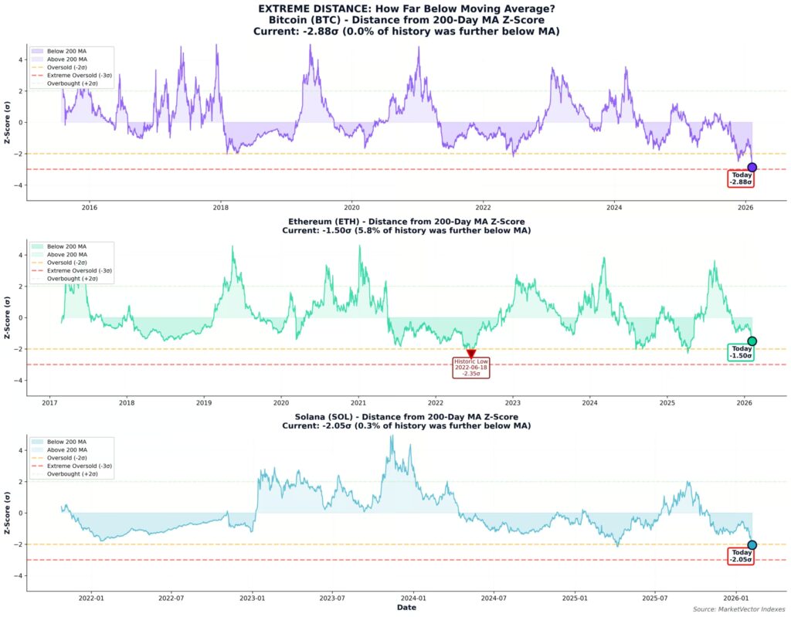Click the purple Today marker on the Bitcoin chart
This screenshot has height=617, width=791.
752,168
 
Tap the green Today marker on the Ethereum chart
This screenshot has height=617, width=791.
752,341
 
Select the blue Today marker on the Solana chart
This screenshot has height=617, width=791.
752,545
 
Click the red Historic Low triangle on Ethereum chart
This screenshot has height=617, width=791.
471,354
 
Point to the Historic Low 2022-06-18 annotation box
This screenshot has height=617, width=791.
471,368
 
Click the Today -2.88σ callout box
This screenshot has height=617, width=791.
741,178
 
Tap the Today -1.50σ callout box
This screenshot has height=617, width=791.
741,352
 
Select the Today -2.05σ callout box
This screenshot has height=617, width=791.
741,556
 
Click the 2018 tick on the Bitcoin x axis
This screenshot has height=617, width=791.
221,208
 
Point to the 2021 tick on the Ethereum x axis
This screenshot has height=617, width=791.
358,402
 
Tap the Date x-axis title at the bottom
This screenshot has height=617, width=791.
407,608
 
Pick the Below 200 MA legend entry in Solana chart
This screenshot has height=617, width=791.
66,442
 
